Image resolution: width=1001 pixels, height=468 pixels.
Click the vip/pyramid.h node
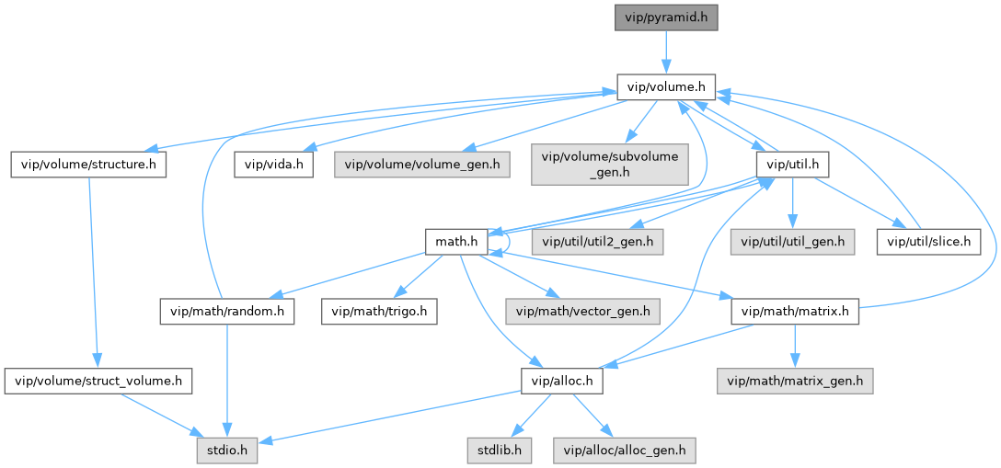tap(666, 17)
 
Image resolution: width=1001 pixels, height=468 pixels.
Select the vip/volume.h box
tap(666, 87)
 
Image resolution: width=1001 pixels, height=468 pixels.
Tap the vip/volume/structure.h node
tap(88, 165)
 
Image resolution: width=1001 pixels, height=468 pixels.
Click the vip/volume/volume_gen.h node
tap(423, 165)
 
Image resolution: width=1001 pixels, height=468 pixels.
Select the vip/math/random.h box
tap(226, 312)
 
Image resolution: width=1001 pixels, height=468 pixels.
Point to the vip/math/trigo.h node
tap(379, 312)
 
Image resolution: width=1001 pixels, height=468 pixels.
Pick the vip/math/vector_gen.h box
tap(583, 312)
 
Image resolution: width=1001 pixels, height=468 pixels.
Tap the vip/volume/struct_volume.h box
tap(98, 380)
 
